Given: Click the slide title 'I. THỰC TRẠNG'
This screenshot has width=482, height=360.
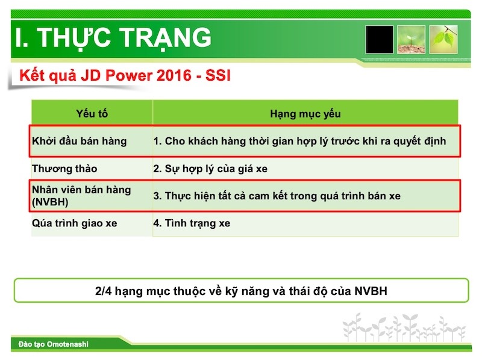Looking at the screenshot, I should click(x=113, y=37).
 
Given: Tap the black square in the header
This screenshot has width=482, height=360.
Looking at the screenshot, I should click(x=380, y=40).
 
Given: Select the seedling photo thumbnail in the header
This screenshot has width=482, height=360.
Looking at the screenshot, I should click(x=413, y=40).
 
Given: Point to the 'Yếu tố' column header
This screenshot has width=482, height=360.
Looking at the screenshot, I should click(x=92, y=114).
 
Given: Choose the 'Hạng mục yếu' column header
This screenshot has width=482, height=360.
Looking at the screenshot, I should click(x=305, y=114).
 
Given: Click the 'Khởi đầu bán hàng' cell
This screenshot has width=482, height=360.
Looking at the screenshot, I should click(x=80, y=141).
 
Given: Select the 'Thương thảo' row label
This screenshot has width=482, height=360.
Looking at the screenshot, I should click(x=64, y=169).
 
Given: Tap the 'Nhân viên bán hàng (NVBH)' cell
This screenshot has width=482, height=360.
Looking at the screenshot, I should click(x=81, y=196).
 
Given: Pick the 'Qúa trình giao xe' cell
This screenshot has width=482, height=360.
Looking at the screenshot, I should click(x=75, y=223).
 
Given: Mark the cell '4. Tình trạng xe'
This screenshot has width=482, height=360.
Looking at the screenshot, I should click(x=192, y=223).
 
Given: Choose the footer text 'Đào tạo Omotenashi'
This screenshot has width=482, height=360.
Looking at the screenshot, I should click(x=53, y=344).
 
